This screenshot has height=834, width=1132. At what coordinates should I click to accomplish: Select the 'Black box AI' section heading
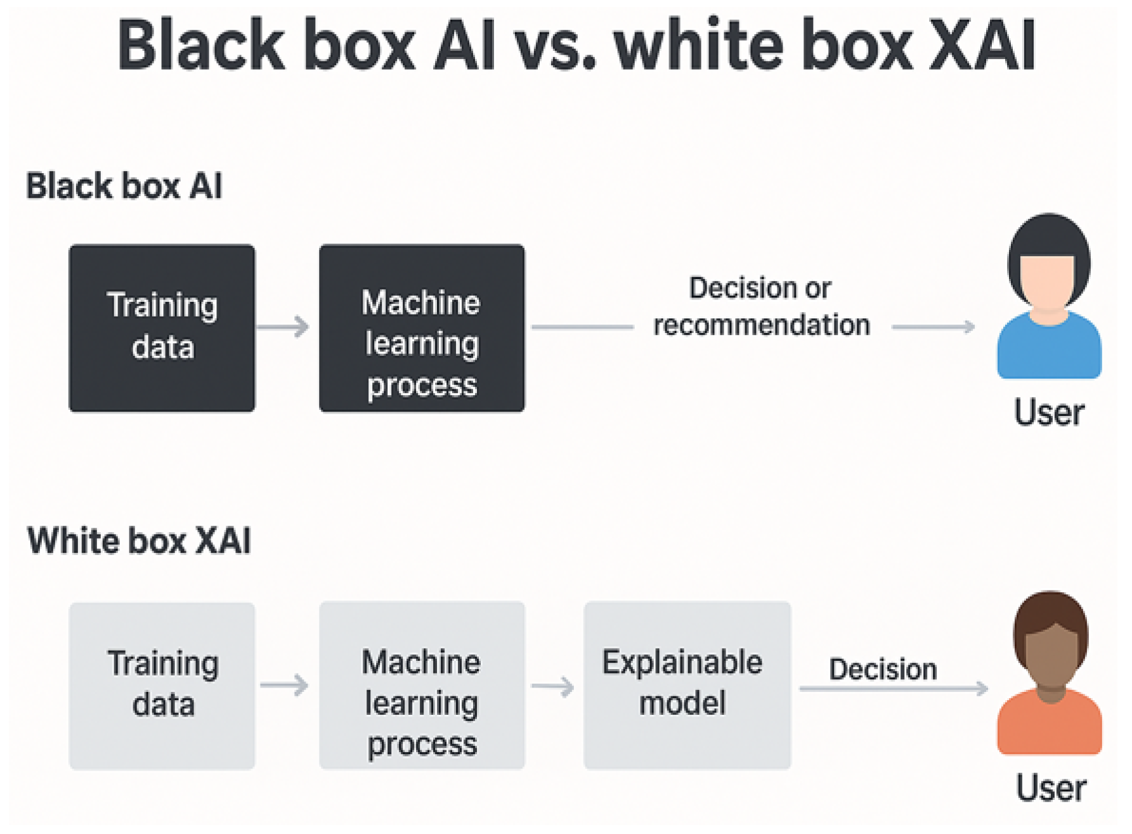[124, 186]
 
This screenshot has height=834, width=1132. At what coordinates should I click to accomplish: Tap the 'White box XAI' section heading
[139, 540]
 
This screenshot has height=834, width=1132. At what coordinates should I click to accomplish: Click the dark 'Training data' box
[162, 328]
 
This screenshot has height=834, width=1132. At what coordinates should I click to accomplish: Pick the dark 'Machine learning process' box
[422, 328]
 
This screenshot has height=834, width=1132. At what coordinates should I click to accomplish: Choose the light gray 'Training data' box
[162, 686]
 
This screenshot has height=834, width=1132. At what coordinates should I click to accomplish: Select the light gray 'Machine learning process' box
[422, 686]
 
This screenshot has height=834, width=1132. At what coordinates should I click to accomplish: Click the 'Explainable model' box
[687, 686]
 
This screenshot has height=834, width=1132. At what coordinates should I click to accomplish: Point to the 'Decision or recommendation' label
[761, 306]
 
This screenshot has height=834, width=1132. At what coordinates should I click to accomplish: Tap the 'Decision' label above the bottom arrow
[883, 669]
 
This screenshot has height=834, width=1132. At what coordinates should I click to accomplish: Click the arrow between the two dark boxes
[283, 327]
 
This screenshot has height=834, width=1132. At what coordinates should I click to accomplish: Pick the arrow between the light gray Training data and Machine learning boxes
[284, 685]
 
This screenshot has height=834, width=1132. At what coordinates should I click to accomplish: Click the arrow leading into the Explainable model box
[553, 686]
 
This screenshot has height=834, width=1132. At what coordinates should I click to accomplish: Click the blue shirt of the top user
[1049, 349]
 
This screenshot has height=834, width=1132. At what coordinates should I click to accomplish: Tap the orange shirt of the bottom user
[1050, 726]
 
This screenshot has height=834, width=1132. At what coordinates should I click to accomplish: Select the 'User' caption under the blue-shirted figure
[1049, 412]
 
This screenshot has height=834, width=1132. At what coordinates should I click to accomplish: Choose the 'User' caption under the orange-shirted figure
[1051, 788]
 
